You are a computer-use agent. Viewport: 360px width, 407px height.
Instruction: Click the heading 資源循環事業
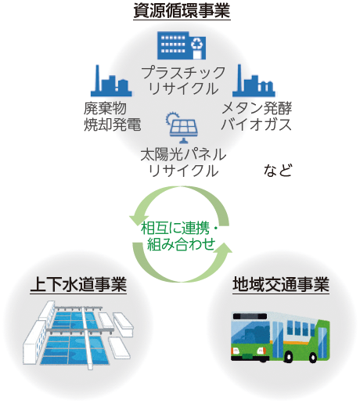[182, 11]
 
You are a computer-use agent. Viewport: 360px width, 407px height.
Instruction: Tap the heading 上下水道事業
[78, 284]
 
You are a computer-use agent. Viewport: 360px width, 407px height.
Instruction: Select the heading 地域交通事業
[281, 284]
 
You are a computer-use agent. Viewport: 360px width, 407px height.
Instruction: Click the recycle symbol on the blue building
[197, 44]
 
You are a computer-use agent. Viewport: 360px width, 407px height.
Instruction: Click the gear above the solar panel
[171, 118]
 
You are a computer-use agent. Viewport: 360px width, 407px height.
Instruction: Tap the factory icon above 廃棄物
[111, 81]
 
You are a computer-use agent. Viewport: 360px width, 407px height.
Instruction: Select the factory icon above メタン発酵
[254, 81]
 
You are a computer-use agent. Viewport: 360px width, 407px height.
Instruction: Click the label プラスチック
[183, 73]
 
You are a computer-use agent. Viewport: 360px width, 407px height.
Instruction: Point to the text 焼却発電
[113, 124]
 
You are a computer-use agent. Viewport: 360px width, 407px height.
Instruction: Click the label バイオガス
[256, 124]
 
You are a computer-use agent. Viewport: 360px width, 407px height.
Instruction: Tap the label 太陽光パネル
[183, 154]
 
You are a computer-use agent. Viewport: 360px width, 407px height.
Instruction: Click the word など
[278, 171]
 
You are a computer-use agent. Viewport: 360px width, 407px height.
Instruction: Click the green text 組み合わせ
[182, 244]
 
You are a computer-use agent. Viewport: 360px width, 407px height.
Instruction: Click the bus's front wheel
[288, 357]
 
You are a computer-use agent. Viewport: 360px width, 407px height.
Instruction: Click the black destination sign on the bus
[250, 316]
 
